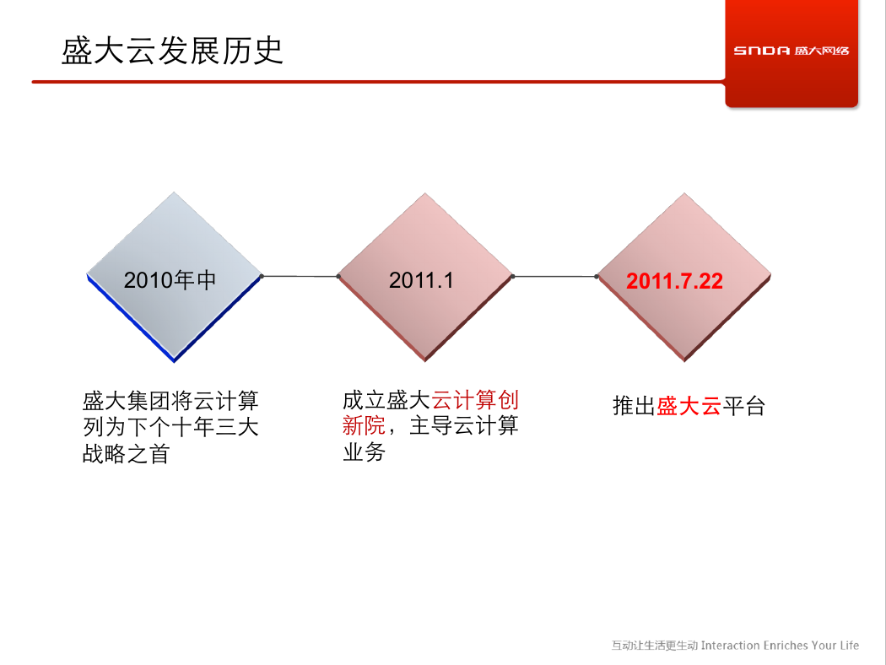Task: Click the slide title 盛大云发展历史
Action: [172, 51]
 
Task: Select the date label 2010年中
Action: [170, 280]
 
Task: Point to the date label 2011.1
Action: [421, 280]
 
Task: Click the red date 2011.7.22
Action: [674, 281]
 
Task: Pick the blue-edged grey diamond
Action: [174, 277]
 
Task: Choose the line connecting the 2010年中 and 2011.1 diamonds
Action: [300, 276]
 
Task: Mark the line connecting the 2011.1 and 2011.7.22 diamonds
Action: [554, 276]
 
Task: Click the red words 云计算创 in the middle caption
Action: [475, 400]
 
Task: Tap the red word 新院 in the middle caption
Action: [364, 425]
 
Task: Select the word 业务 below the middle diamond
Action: [364, 452]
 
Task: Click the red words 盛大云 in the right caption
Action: [689, 406]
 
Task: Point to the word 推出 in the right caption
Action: [634, 406]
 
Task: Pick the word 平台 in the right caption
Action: [743, 406]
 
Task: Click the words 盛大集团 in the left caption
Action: [127, 401]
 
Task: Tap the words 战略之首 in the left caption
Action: [126, 454]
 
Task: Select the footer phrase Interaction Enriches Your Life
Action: [780, 646]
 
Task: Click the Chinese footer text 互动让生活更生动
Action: [655, 646]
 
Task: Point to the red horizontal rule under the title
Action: [378, 82]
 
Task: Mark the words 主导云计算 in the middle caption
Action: [463, 425]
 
